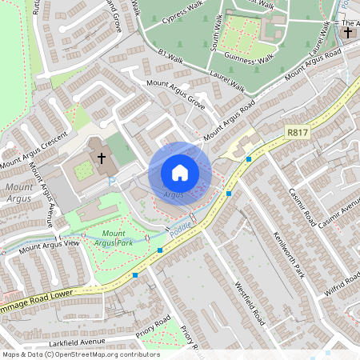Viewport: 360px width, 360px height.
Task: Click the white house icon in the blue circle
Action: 180,173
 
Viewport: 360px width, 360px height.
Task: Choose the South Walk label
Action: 216,32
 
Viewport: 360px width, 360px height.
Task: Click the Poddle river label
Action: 178,230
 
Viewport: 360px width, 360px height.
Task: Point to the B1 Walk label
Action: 172,54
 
